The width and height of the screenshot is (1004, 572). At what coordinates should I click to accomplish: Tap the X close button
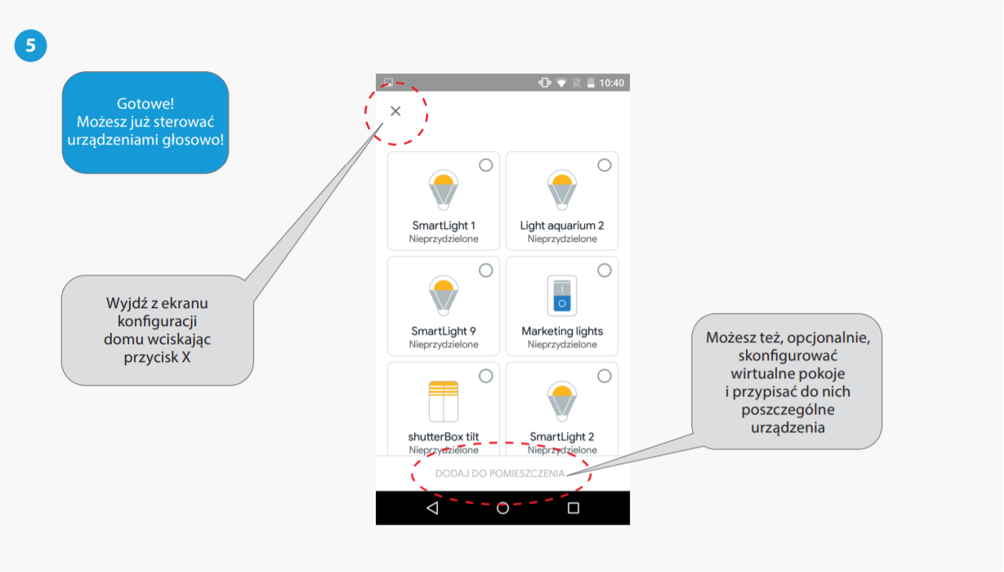[x=395, y=111]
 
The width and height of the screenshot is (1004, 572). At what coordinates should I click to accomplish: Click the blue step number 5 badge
[x=30, y=46]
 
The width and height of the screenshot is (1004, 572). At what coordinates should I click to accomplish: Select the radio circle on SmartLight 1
[x=486, y=165]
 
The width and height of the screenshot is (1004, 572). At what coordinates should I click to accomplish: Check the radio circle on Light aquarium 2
[x=605, y=165]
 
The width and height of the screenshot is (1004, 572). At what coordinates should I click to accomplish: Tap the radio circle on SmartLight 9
[x=486, y=270]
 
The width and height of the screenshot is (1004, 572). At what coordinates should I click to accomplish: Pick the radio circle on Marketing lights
[x=605, y=270]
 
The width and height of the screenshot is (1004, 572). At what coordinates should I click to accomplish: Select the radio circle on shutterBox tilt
[x=486, y=376]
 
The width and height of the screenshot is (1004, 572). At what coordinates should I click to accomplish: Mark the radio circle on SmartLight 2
[x=605, y=376]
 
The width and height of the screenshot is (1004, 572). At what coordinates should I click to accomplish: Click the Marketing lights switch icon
[x=562, y=296]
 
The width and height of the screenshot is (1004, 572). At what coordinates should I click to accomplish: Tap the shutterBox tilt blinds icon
[x=444, y=400]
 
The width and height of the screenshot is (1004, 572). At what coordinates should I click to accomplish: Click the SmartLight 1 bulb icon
[x=444, y=190]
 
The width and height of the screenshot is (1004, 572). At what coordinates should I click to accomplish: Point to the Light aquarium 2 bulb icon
[x=562, y=190]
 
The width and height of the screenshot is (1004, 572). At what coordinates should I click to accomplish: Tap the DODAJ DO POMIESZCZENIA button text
[x=500, y=473]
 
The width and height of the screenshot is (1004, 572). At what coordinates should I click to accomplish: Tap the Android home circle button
[x=503, y=508]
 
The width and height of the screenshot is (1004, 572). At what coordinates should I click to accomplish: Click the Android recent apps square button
[x=573, y=508]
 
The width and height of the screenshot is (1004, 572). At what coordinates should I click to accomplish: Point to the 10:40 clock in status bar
[x=611, y=83]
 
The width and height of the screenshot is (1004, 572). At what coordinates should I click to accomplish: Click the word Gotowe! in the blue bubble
[x=145, y=104]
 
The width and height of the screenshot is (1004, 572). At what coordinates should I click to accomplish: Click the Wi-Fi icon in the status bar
[x=561, y=83]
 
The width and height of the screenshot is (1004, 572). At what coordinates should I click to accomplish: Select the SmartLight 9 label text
[x=444, y=331]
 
